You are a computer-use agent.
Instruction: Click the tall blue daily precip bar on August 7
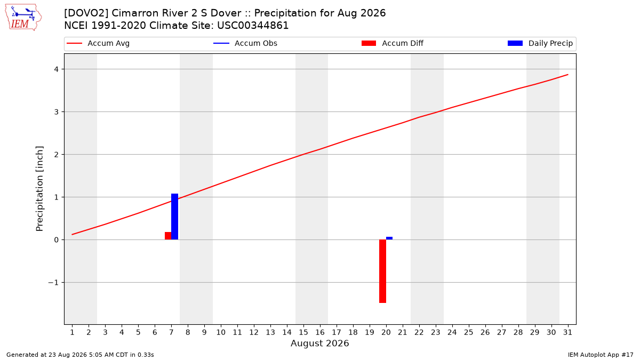point(174,217)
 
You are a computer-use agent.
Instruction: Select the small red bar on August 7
point(168,236)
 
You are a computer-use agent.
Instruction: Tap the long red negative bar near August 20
point(382,271)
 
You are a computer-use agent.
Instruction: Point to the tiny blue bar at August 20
point(389,238)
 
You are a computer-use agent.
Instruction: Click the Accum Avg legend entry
point(98,43)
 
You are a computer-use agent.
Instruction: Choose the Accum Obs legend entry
point(245,43)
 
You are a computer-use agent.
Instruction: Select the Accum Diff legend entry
point(393,43)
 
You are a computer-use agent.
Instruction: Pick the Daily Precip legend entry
point(540,43)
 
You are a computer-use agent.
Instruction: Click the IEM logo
point(23,18)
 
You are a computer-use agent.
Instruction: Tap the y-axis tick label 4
point(57,69)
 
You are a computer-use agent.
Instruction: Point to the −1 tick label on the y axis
point(53,283)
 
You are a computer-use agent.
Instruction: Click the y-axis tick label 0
point(57,240)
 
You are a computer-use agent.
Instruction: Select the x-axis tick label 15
point(303,332)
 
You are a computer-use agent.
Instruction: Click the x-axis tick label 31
point(567,332)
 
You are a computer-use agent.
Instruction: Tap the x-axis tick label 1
point(73,332)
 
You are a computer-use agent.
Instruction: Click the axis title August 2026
point(319,343)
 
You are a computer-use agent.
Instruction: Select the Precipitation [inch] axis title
point(39,189)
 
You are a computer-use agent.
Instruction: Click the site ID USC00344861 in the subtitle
point(253,26)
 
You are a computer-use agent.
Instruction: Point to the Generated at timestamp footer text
point(80,355)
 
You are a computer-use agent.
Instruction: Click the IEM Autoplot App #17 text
point(601,355)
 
